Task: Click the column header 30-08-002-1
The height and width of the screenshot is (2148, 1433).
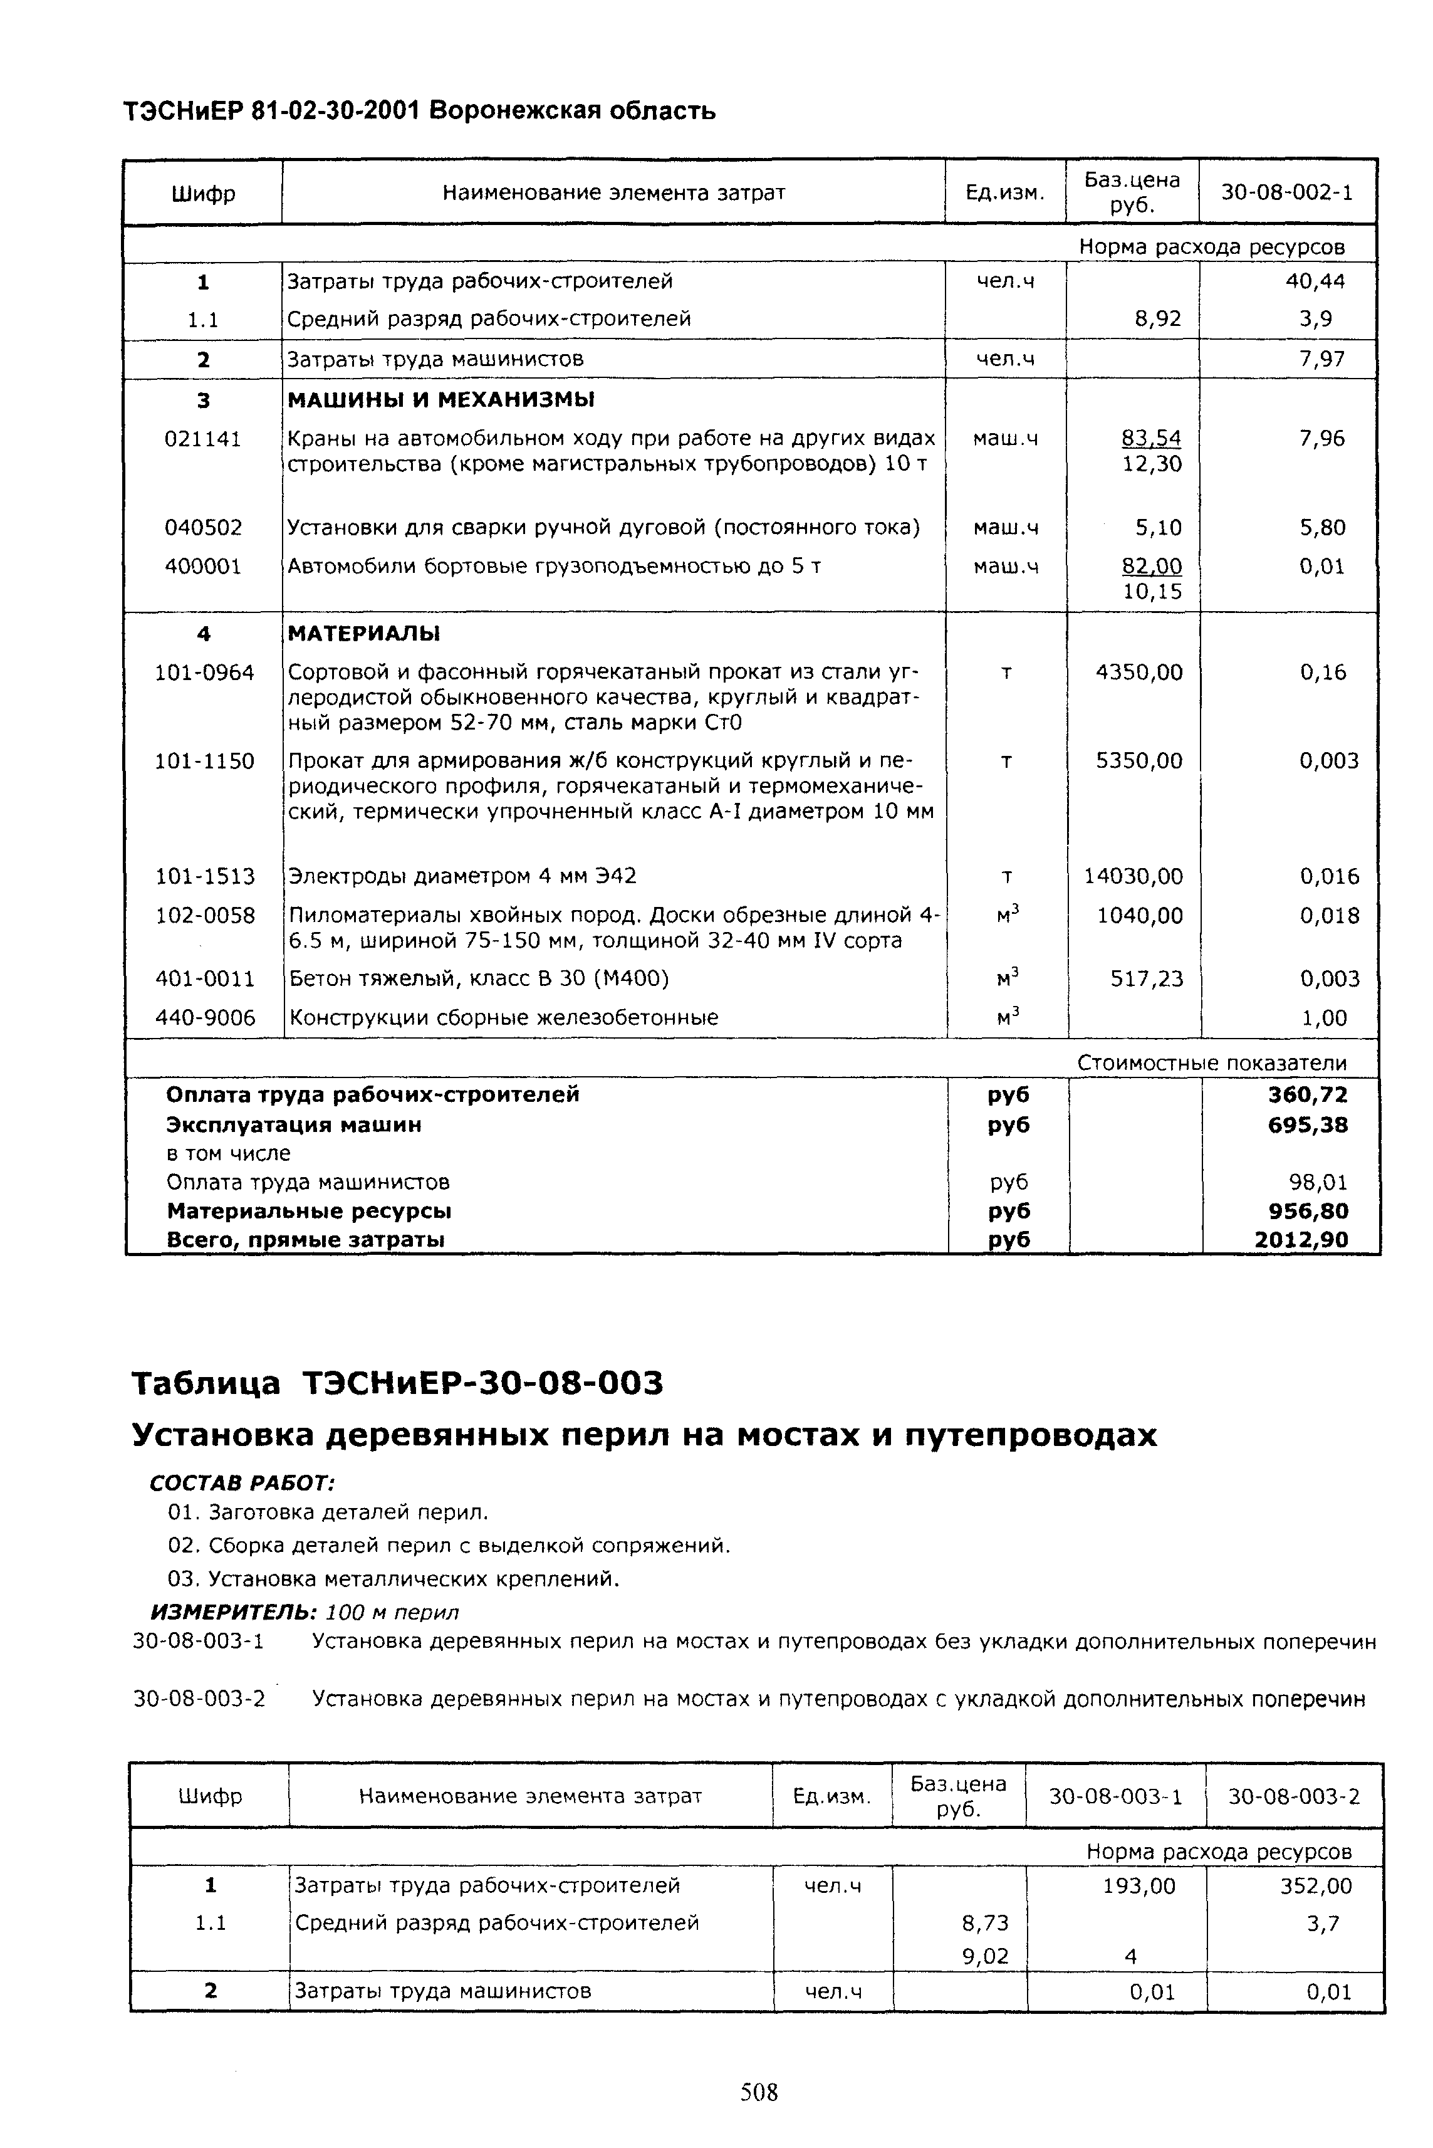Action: click(1287, 193)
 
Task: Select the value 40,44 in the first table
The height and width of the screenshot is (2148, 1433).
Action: click(1315, 281)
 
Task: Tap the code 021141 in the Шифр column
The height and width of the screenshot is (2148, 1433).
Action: click(203, 439)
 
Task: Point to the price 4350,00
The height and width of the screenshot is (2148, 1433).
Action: click(1139, 673)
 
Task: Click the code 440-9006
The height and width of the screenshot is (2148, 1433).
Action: click(205, 1017)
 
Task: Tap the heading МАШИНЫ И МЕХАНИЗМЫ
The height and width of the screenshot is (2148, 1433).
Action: click(440, 399)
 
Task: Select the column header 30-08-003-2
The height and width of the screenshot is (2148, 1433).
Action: click(1293, 1796)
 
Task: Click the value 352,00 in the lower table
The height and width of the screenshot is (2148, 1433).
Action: click(1316, 1885)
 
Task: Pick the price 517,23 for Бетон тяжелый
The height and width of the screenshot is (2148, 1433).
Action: click(1146, 979)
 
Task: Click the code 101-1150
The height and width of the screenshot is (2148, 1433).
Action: click(205, 760)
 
